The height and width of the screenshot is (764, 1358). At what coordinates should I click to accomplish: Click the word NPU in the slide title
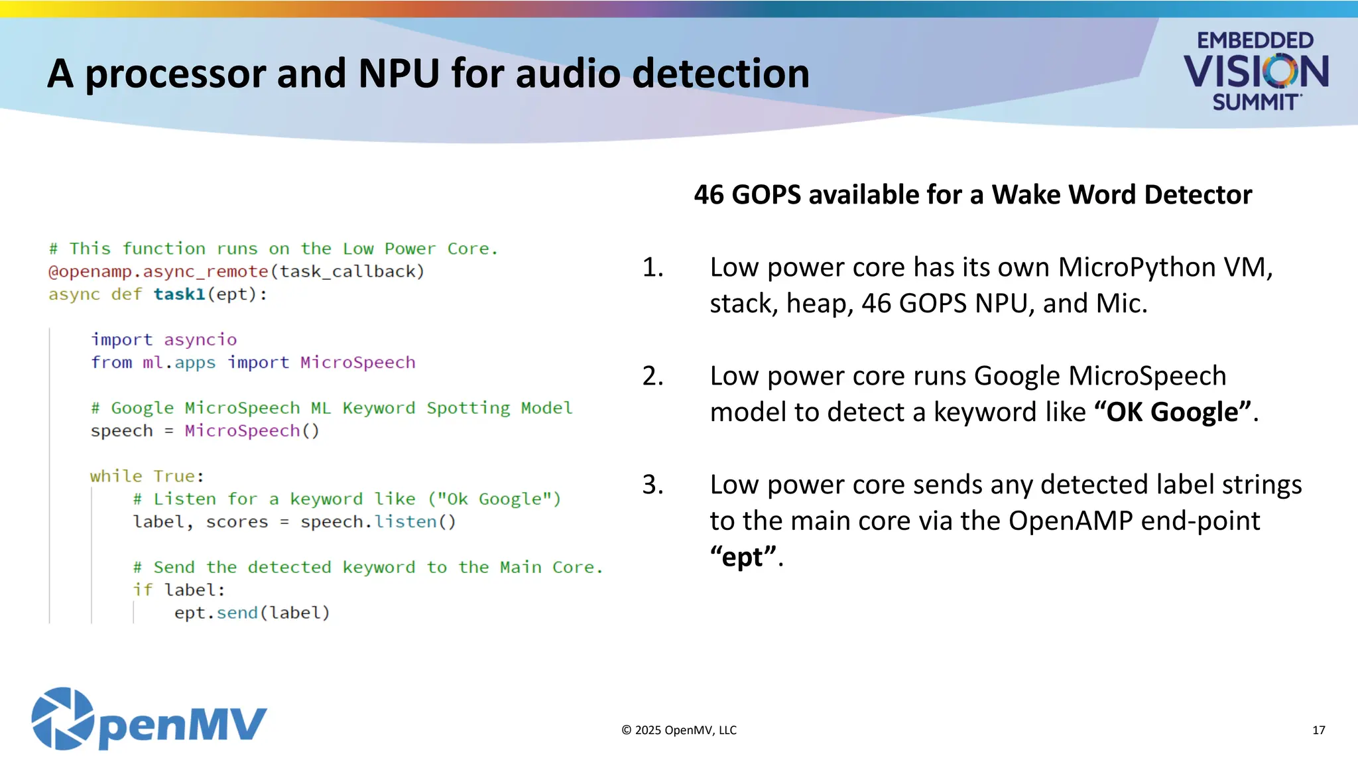tap(399, 73)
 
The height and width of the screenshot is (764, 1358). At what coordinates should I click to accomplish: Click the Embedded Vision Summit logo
tap(1255, 71)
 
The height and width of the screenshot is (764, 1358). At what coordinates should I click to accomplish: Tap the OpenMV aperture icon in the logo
tap(62, 719)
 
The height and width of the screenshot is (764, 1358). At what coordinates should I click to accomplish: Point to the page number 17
tap(1318, 730)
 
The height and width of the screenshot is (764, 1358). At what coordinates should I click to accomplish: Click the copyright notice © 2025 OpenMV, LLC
tap(678, 730)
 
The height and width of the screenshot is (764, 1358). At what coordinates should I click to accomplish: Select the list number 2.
tap(652, 376)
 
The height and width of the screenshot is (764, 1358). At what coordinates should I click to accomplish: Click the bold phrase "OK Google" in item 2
tap(1172, 413)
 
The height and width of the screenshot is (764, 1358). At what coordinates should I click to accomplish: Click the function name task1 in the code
tap(179, 294)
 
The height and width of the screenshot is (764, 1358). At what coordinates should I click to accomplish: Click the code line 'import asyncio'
tap(164, 340)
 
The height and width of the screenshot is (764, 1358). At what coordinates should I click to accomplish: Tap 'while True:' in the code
tap(147, 476)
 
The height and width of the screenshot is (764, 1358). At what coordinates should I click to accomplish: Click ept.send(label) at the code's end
tap(252, 613)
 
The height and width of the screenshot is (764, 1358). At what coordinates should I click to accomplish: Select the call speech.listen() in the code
tap(378, 522)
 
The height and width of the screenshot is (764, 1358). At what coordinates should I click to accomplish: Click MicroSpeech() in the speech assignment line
tap(251, 431)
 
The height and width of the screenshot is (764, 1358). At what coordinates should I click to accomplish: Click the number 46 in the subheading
tap(709, 195)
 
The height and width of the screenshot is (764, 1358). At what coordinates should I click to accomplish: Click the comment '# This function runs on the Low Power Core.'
tap(273, 249)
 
